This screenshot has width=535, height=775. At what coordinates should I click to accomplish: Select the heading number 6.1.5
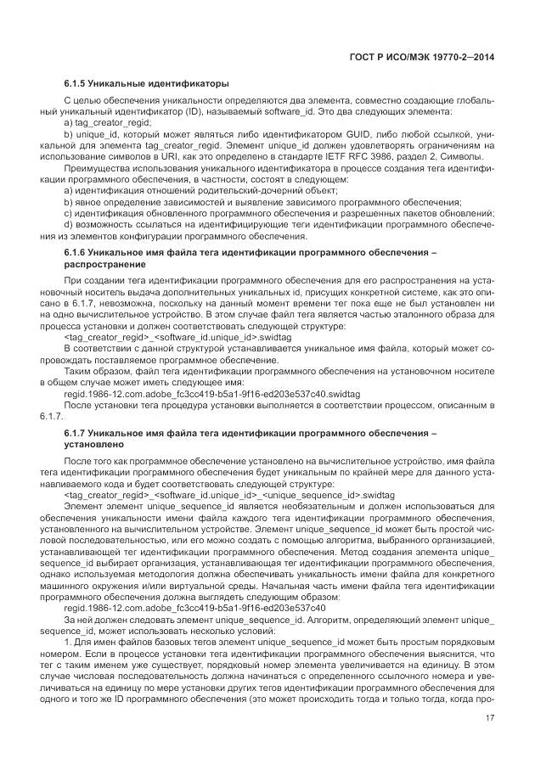[x=78, y=84]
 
